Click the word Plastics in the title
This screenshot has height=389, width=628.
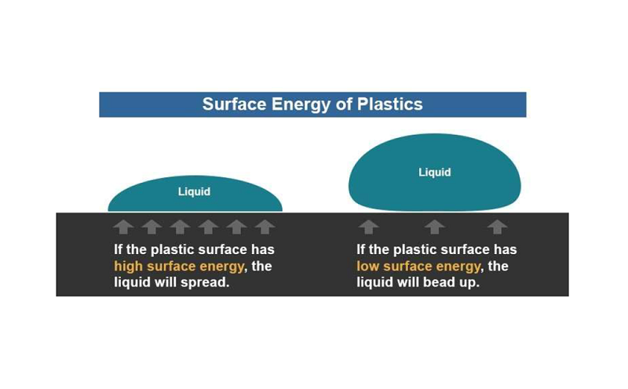[x=389, y=104]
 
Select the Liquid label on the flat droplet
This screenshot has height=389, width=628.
[x=194, y=191]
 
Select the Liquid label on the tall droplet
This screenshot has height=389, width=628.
[x=435, y=173]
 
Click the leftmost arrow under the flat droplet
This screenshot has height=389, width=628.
[x=123, y=227]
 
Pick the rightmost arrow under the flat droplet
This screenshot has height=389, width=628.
[x=265, y=227]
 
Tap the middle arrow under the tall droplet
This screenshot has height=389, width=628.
[x=435, y=227]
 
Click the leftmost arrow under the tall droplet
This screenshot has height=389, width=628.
[x=368, y=227]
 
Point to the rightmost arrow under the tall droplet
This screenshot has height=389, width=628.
[x=498, y=227]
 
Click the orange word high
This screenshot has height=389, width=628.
[x=128, y=267]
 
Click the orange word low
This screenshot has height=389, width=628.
[x=367, y=266]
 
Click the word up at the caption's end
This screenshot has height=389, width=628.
[x=469, y=284]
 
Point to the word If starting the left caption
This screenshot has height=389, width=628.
[x=119, y=249]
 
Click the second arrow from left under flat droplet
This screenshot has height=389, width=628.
[x=152, y=227]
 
